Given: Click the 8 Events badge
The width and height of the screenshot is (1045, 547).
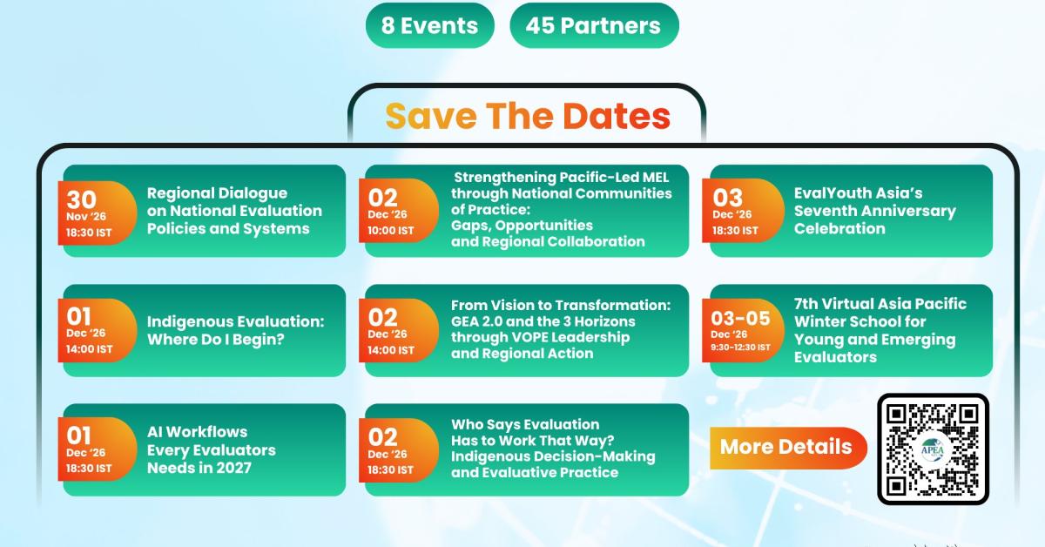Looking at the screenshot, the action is tap(429, 25).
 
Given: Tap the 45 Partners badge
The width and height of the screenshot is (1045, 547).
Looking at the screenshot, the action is tap(594, 25).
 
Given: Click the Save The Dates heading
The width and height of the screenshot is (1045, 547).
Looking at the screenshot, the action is tap(528, 116).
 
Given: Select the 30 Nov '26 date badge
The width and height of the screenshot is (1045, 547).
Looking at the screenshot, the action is tap(97, 213).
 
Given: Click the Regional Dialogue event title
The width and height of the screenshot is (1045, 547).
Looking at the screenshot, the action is tap(234, 211).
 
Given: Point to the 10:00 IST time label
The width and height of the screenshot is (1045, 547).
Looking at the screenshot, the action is tap(390, 231).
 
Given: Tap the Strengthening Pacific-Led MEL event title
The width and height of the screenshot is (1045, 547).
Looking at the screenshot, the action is tap(561, 210).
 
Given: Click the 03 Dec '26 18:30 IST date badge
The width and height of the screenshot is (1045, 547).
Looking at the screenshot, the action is tap(743, 211).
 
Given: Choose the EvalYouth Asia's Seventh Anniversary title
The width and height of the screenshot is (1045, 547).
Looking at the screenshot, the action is tap(874, 211).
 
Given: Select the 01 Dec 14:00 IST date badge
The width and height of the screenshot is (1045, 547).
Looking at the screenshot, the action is tap(97, 330).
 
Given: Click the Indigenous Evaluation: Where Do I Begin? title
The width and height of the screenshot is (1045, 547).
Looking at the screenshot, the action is tap(235, 330).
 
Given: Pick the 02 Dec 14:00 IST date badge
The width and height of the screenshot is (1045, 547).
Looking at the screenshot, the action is tap(399, 330).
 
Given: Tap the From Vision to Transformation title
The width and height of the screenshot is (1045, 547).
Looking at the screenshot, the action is tap(561, 329).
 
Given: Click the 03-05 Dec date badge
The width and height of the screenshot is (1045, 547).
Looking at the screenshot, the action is tap(743, 330).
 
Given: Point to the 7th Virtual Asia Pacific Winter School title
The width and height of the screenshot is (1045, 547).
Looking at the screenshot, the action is tap(880, 330).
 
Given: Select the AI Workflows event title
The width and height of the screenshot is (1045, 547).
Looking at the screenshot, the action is tap(212, 450).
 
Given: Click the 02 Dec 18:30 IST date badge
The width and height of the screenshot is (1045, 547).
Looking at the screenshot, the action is tap(399, 450).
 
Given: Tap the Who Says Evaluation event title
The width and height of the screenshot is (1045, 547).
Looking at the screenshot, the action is tap(553, 449).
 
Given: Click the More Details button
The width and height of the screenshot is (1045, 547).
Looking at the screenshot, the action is tap(788, 448).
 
